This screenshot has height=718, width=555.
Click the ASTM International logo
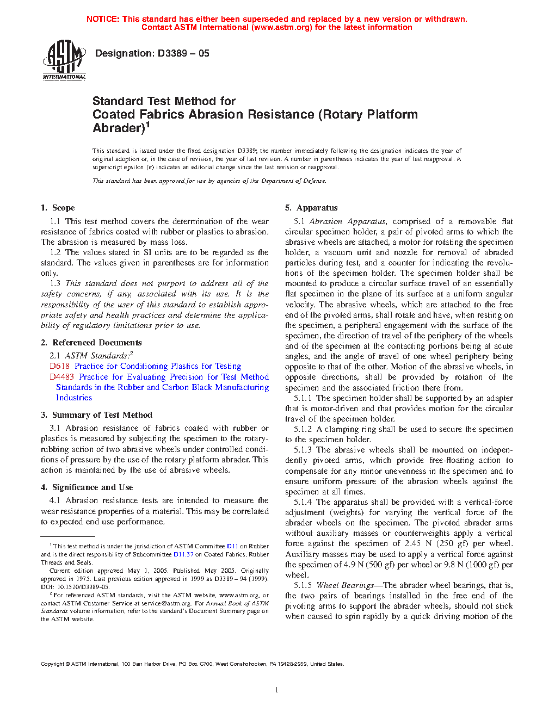point(64,60)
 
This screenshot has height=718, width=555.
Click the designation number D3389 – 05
point(183,53)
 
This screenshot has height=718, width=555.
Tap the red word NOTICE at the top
point(103,19)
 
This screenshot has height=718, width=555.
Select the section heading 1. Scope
point(58,208)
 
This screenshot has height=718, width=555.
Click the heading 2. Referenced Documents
point(91,343)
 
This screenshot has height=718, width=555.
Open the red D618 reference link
point(59,366)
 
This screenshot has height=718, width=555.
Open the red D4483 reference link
point(61,376)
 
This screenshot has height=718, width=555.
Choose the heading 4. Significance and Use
point(87,487)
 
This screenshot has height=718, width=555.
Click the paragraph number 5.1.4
point(303,502)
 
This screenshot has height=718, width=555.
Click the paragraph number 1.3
point(55,283)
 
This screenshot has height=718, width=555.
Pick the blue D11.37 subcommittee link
point(183,554)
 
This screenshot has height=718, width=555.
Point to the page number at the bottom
point(277,690)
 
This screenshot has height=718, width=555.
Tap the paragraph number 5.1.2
point(303,429)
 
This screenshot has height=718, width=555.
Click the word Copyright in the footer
point(53,664)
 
